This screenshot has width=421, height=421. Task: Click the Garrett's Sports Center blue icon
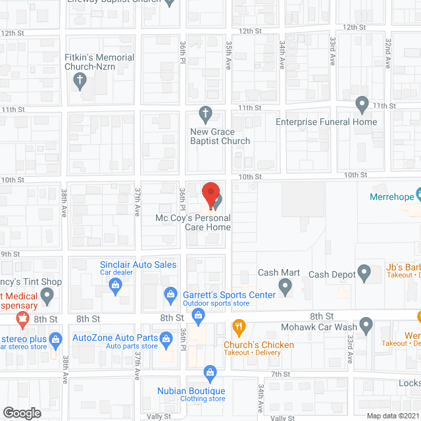pyautogui.click(x=170, y=294)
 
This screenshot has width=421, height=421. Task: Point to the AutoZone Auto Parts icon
pyautogui.click(x=56, y=340)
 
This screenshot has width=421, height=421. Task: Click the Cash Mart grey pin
pyautogui.click(x=285, y=285)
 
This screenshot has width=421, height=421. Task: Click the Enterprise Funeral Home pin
pyautogui.click(x=362, y=104)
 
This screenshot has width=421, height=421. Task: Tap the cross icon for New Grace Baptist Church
pyautogui.click(x=205, y=114)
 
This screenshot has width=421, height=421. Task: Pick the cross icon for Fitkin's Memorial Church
pyautogui.click(x=80, y=82)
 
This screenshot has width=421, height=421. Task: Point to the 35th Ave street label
pyautogui.click(x=229, y=51)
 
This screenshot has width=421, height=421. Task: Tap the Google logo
pyautogui.click(x=22, y=412)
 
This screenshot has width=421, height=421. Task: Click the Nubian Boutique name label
pyautogui.click(x=190, y=390)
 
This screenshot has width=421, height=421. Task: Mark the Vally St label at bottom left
pyautogui.click(x=158, y=416)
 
